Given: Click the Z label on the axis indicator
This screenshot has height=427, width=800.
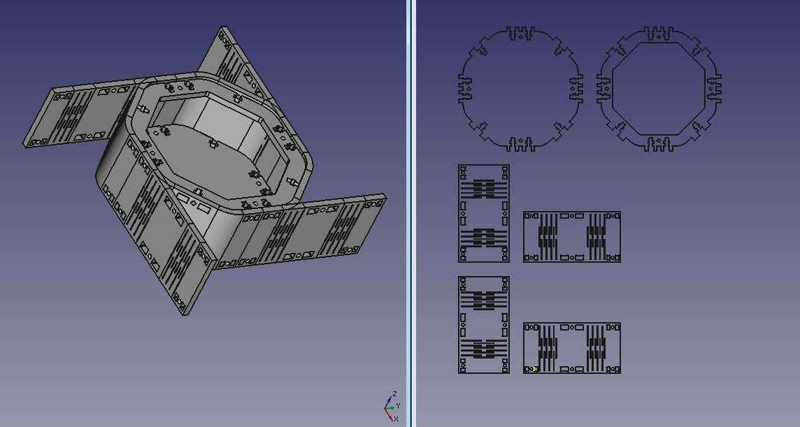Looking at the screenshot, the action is pos(394,394).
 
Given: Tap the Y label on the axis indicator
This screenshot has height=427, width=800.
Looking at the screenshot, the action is pos(398,405).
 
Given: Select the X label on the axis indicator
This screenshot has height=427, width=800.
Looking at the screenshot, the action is pos(395,419).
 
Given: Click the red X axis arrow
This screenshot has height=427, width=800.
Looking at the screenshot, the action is pos(390,414).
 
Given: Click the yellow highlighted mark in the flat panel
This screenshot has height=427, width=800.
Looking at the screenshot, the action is pos(533,369).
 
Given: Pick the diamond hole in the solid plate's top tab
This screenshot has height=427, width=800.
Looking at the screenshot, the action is pos(520,36).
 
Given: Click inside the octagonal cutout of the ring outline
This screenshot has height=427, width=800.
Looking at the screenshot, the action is pos(658,89).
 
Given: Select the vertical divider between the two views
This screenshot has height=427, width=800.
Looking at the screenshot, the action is pos(410,213).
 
